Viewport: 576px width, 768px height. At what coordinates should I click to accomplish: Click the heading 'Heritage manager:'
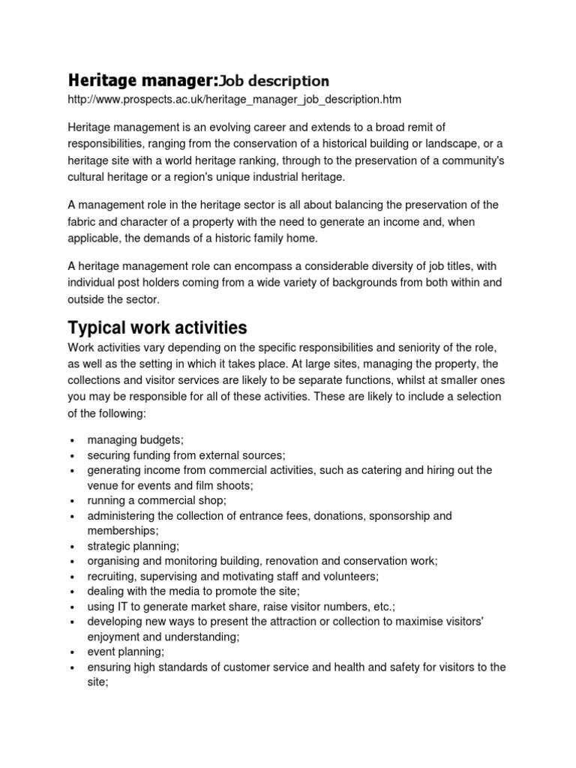(135, 79)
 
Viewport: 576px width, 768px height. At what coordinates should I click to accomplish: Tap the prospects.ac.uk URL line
(235, 99)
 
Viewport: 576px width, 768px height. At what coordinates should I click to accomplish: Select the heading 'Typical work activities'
(157, 328)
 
